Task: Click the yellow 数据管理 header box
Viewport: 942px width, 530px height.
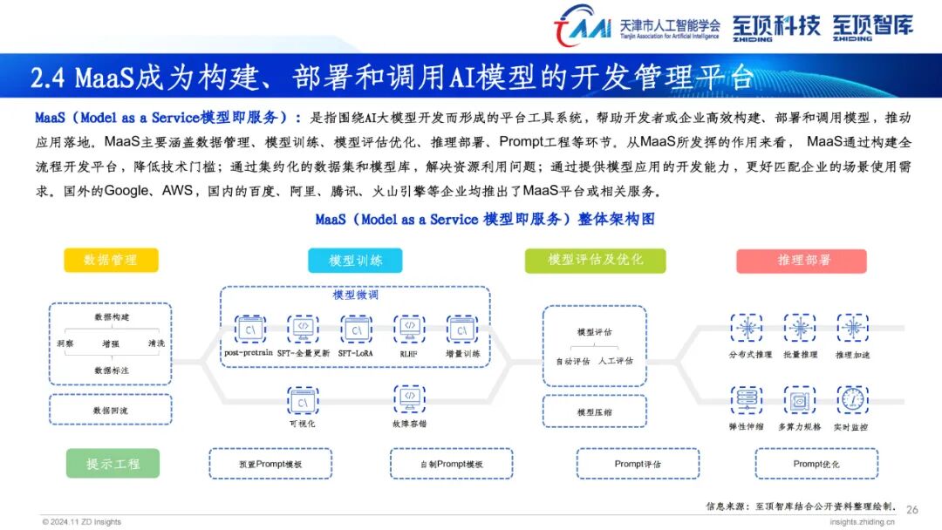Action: (111, 260)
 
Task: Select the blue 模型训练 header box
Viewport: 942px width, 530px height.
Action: (355, 260)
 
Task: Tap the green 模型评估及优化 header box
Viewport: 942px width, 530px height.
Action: (595, 260)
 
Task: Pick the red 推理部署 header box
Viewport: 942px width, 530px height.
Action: (801, 261)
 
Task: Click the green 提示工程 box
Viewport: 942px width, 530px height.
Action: (113, 464)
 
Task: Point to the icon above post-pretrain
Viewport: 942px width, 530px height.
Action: (250, 329)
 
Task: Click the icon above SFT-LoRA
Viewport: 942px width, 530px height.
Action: (356, 329)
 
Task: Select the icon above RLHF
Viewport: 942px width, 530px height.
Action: (408, 329)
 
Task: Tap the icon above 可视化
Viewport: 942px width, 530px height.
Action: (303, 401)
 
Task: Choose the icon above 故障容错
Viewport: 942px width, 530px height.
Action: (408, 399)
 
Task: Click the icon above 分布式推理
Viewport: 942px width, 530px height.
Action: (747, 328)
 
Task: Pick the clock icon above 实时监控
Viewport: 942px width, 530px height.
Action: (851, 399)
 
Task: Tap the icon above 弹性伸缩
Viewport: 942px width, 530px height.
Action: (747, 399)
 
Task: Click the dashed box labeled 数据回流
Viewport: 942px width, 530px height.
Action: (110, 410)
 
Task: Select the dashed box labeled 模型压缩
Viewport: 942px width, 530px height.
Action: (595, 411)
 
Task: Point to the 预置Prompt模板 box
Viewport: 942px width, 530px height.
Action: (270, 464)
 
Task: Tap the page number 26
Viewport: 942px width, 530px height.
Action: (912, 509)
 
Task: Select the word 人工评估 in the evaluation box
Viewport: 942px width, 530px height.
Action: (616, 360)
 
